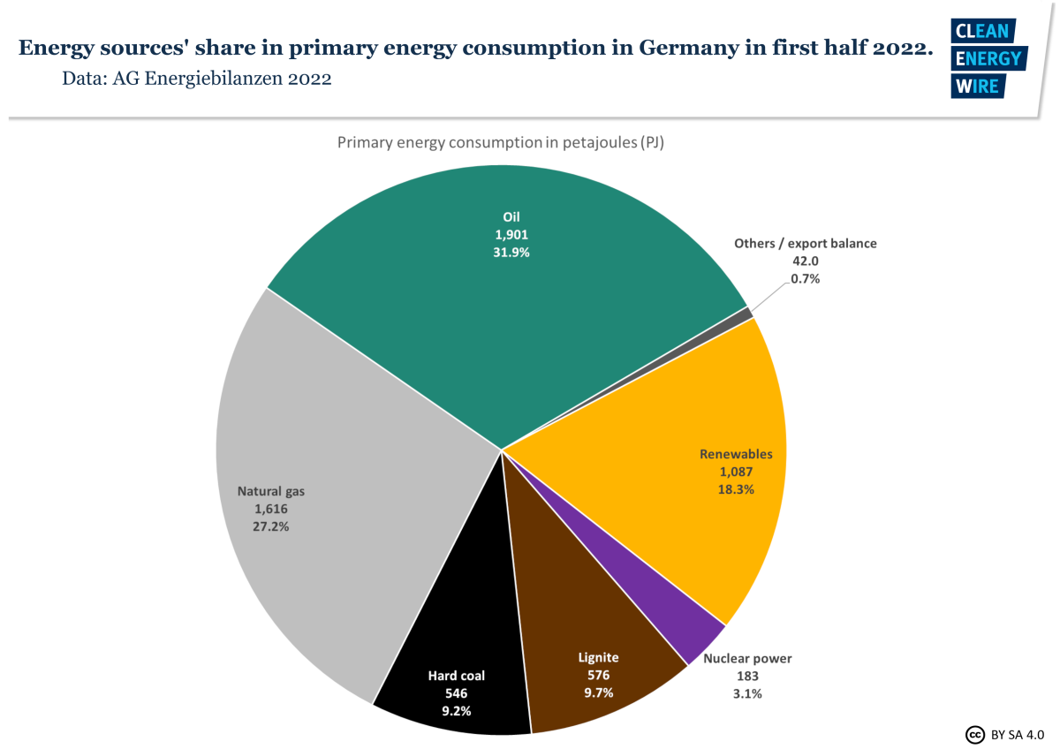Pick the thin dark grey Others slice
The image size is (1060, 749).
(x=747, y=314)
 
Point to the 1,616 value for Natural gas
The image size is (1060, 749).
(x=271, y=509)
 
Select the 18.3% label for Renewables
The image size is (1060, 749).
(x=736, y=488)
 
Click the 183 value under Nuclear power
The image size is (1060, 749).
(x=746, y=676)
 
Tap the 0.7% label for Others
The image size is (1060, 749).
(x=806, y=278)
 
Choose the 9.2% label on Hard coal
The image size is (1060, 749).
(x=456, y=710)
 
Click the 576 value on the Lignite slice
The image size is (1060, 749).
(x=598, y=675)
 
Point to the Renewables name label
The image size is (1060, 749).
(x=736, y=454)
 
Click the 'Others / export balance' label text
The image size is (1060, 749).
(x=806, y=243)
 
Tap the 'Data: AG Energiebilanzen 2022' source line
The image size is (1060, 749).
(x=196, y=79)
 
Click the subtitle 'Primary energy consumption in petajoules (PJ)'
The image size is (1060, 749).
(x=500, y=142)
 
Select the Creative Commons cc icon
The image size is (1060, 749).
(x=975, y=734)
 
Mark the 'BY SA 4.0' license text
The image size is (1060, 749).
(x=1018, y=734)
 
